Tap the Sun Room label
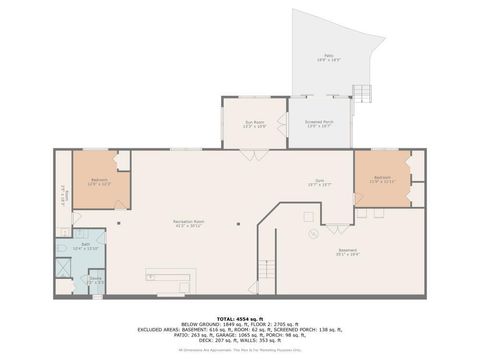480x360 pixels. pyautogui.click(x=255, y=124)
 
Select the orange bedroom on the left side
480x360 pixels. pyautogui.click(x=96, y=181)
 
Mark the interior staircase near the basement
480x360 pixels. pyautogui.click(x=266, y=269)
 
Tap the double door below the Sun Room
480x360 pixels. pyautogui.click(x=255, y=156)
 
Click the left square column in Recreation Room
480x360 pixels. pyautogui.click(x=119, y=224)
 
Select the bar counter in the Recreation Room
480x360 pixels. pyautogui.click(x=170, y=277)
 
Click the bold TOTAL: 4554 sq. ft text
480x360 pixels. pyautogui.click(x=239, y=318)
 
